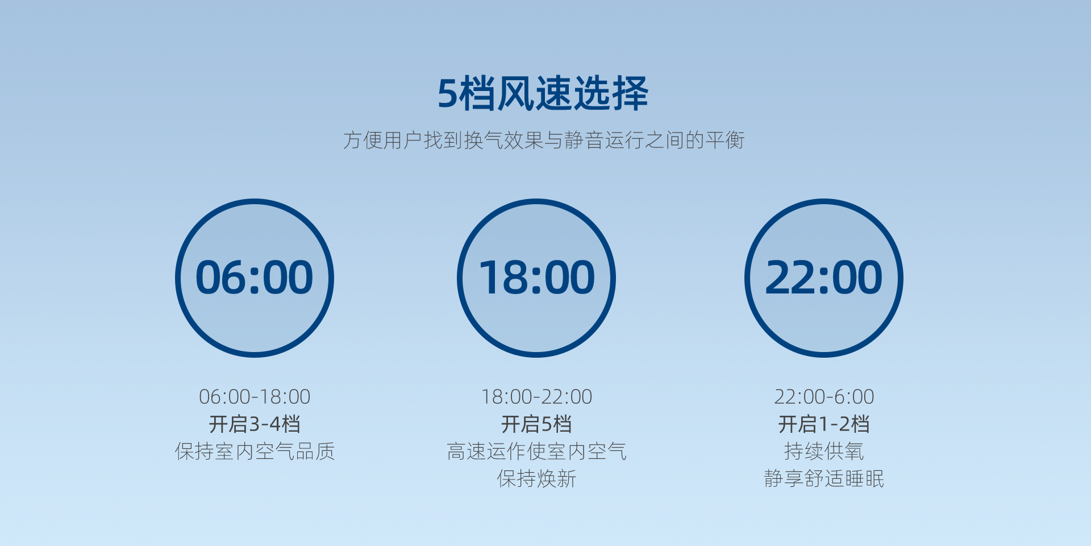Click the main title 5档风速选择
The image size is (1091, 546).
543,93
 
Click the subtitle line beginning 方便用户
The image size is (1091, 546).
544,140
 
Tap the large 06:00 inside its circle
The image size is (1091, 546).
255,278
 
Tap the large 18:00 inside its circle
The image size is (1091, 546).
537,278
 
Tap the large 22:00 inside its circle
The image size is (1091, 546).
824,278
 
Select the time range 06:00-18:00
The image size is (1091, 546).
255,396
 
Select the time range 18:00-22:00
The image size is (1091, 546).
537,396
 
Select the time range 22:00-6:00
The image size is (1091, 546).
824,396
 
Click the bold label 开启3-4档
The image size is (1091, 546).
255,424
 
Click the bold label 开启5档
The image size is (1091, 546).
536,424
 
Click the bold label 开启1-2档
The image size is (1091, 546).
824,424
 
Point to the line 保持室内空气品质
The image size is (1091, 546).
255,451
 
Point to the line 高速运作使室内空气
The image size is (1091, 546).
537,451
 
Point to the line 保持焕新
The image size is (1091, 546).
537,478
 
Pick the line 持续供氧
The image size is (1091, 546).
824,451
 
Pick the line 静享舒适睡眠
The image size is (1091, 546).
824,478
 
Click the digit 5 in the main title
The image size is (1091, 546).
448,94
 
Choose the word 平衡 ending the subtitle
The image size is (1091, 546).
724,140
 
